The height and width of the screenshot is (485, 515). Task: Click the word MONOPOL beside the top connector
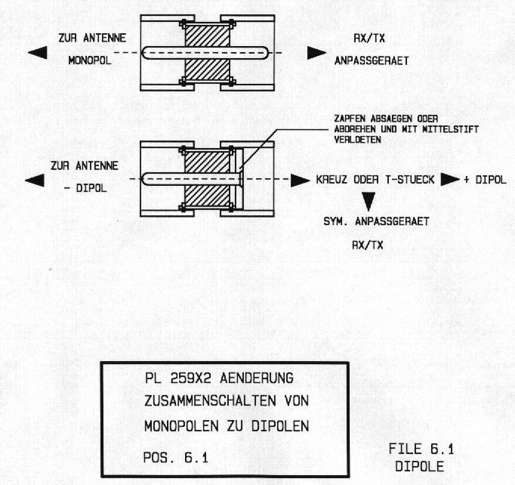coord(90,60)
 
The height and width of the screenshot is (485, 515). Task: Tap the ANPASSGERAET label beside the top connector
coord(372,60)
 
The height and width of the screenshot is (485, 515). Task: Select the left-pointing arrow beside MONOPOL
coord(38,53)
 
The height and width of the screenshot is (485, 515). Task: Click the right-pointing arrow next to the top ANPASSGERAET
coord(316,53)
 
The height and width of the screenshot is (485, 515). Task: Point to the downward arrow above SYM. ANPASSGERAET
coord(369,202)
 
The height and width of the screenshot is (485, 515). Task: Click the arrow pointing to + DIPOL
coord(450,179)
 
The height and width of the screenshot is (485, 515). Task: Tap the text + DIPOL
coord(485,180)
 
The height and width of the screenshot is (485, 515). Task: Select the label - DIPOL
coord(85,188)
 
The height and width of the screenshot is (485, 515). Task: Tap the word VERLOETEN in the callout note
coord(357,140)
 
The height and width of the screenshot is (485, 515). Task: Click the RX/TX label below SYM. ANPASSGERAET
coord(368,245)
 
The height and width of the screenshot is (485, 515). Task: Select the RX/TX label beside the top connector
coord(369,39)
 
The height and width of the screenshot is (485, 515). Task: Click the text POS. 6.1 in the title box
coord(175,458)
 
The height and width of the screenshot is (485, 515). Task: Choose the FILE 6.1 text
coord(421,449)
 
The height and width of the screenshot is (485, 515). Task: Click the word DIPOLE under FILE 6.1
coord(419,467)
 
